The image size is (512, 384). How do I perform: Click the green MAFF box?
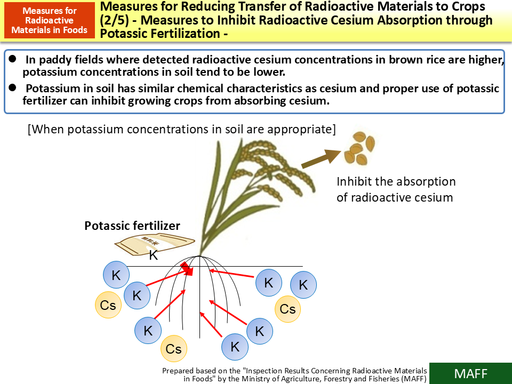470,373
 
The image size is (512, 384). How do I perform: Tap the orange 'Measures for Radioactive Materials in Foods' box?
49,20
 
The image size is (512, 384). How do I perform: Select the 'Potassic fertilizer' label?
132,226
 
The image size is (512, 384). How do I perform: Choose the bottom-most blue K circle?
235,347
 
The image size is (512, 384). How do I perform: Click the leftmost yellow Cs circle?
108,305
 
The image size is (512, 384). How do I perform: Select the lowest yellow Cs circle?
174,349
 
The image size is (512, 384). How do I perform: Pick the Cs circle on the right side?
288,309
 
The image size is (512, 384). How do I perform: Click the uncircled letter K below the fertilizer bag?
154,255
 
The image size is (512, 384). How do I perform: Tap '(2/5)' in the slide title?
115,21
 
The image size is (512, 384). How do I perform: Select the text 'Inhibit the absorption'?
396,181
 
